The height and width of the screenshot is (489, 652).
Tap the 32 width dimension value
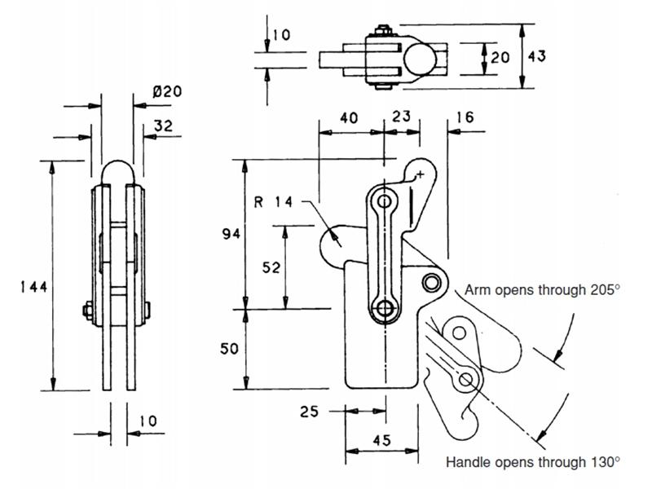click(162, 126)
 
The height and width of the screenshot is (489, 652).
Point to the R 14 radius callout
click(272, 201)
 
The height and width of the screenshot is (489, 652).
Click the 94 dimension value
click(231, 235)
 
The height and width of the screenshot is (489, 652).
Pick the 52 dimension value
click(271, 266)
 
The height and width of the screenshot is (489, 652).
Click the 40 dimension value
click(348, 117)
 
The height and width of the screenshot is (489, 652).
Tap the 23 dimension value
click(401, 117)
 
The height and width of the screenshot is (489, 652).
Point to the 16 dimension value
click(465, 117)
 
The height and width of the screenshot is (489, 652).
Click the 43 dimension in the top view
click(536, 56)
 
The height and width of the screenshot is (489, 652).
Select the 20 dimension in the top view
click(500, 56)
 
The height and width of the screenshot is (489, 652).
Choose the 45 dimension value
click(381, 440)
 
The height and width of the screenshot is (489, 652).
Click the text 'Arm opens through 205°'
click(543, 289)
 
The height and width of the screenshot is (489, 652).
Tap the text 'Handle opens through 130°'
click(533, 462)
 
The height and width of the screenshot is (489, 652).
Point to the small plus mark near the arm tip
click(421, 174)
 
